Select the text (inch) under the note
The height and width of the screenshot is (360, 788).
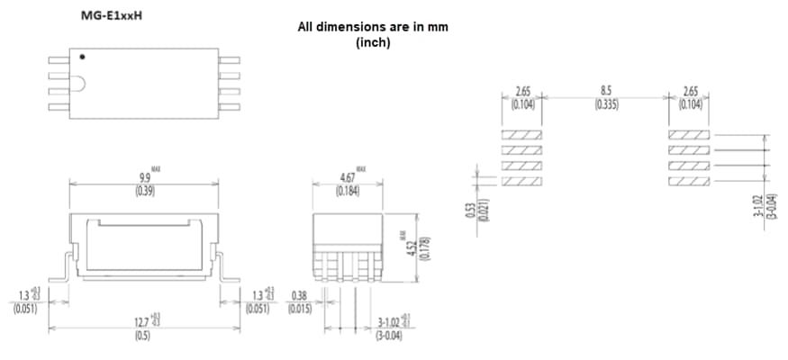[373, 42]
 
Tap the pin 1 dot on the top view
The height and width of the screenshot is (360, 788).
[82, 58]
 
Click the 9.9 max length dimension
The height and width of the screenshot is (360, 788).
[143, 178]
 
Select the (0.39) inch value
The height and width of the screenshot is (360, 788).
[143, 191]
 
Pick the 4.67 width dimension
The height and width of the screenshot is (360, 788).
[347, 178]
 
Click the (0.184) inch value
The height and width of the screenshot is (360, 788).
[347, 191]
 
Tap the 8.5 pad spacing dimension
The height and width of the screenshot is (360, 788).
[606, 91]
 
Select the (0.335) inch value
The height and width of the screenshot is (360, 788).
[606, 103]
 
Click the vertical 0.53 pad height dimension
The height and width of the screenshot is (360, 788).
[470, 210]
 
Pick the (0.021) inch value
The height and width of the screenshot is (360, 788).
[483, 210]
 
